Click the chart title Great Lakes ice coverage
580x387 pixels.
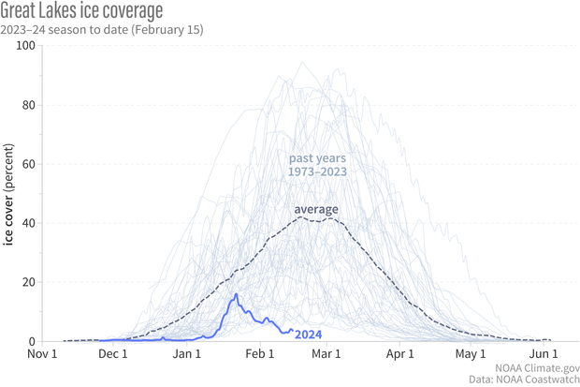click(x=82, y=11)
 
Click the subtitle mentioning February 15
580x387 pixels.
click(x=103, y=29)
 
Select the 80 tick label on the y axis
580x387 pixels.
click(x=28, y=105)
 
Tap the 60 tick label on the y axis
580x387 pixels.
click(x=28, y=164)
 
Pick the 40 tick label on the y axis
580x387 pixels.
click(x=28, y=223)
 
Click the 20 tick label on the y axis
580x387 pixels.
click(x=28, y=282)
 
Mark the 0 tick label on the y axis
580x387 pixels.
click(x=31, y=341)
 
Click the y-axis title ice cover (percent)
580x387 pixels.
click(x=10, y=194)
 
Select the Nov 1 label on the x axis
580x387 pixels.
click(x=43, y=354)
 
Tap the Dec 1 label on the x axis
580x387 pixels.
click(x=113, y=354)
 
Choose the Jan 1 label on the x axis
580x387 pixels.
click(x=187, y=354)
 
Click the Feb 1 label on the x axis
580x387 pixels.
click(x=259, y=354)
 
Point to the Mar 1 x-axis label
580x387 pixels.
click(x=326, y=354)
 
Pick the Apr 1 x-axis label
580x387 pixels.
click(x=399, y=354)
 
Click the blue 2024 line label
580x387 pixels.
click(x=309, y=332)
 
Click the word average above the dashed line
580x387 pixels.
click(x=316, y=208)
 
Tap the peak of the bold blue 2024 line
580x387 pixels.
click(x=237, y=295)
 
